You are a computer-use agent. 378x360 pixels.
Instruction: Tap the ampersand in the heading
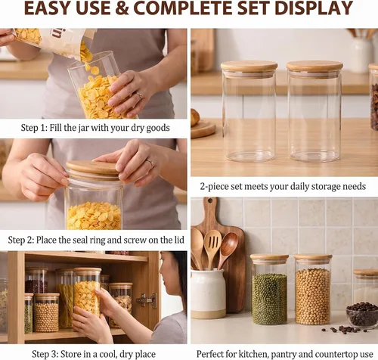(x=122, y=8)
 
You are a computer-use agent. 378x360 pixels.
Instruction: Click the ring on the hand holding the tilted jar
(x=139, y=95)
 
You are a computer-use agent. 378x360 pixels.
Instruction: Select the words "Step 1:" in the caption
(x=34, y=128)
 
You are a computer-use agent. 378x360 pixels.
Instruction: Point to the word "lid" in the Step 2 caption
(x=179, y=240)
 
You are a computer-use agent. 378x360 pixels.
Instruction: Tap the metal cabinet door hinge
(x=147, y=300)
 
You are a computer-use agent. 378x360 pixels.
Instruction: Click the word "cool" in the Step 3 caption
(x=108, y=354)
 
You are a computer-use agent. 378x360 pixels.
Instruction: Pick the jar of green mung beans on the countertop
(x=269, y=290)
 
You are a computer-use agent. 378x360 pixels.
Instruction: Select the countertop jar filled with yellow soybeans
(x=313, y=290)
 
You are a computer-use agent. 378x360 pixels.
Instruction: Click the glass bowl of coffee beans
(x=362, y=315)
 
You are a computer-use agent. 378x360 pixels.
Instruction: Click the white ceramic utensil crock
(x=208, y=293)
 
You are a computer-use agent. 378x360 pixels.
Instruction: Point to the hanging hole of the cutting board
(x=209, y=201)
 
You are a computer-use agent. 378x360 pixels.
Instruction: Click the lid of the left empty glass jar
(x=249, y=67)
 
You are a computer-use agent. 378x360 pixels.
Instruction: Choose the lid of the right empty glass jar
(x=314, y=67)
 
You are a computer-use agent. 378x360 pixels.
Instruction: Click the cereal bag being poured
(x=54, y=40)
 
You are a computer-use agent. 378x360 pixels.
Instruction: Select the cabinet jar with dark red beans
(x=36, y=281)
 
